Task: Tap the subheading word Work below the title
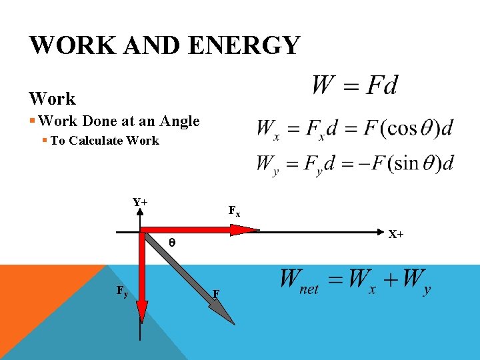[52, 99]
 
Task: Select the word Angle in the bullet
[179, 121]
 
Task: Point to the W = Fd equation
[354, 86]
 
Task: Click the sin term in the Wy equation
[409, 163]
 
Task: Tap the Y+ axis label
[140, 202]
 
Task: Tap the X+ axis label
[395, 234]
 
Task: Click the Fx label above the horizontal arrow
[234, 211]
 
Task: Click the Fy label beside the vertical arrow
[122, 291]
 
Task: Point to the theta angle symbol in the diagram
[171, 243]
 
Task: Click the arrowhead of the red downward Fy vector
[142, 310]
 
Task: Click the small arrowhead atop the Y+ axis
[141, 211]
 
